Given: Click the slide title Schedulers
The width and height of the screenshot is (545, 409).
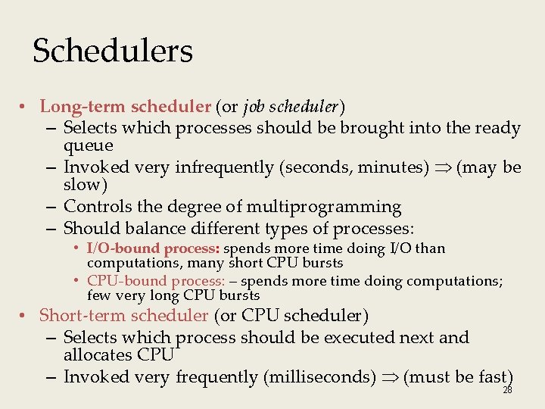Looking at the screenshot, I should (x=113, y=52).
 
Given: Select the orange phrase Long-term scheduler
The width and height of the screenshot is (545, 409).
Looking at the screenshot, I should (x=125, y=108).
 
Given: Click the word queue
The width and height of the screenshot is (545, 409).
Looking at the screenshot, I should (x=89, y=145).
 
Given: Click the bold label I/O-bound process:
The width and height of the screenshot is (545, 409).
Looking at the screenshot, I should (x=153, y=248).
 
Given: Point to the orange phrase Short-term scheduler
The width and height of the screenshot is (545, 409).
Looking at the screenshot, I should (x=123, y=315).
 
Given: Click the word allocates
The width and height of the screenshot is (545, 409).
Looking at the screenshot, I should (x=97, y=355).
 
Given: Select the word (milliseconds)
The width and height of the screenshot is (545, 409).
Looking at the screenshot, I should (x=319, y=376).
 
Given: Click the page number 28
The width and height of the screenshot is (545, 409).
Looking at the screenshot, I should (x=507, y=390).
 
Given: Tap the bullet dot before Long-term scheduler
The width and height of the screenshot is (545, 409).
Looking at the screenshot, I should (x=24, y=108).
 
